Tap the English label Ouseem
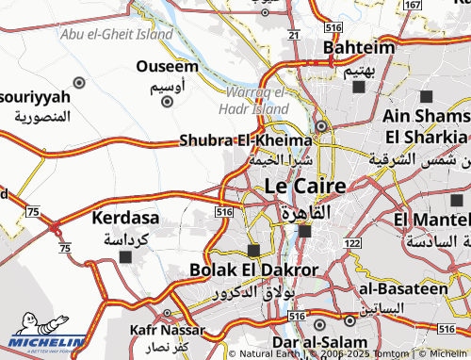(x=167, y=66)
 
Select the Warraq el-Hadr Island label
(x=257, y=101)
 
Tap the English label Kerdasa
(x=125, y=218)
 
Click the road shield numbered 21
(x=294, y=35)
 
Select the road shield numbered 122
(x=352, y=243)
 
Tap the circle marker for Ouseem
(x=79, y=82)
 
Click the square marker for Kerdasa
(x=125, y=256)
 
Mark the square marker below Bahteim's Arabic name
(x=358, y=88)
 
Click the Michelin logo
(x=47, y=337)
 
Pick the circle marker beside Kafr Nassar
(x=167, y=314)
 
